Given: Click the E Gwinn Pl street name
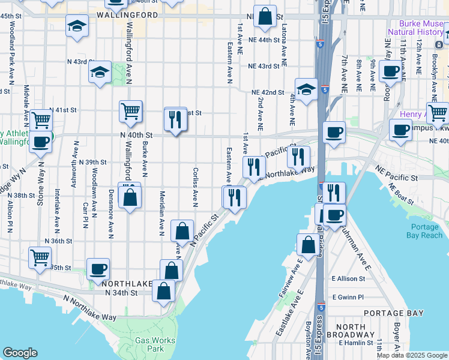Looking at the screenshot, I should [348, 297].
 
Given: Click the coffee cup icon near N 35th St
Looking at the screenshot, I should [98, 269].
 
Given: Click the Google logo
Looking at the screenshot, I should [20, 353].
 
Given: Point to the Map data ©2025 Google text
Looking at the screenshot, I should [412, 355].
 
